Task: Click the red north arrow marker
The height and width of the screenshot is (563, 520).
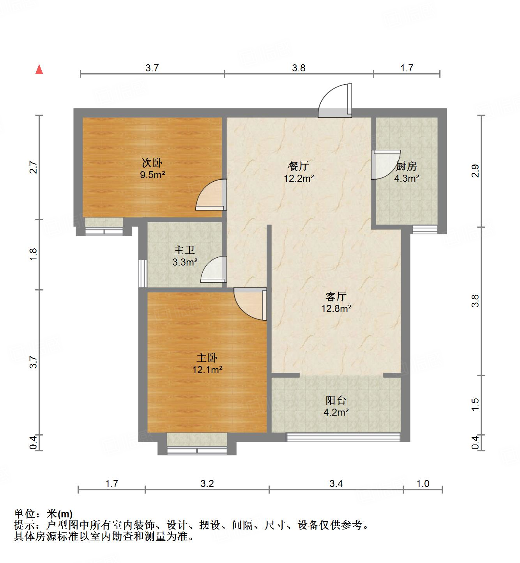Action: (x=39, y=69)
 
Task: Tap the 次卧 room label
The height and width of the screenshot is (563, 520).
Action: (x=152, y=163)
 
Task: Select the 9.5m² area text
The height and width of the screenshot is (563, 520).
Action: (x=152, y=175)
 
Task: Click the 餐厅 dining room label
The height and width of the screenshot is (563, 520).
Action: (x=299, y=166)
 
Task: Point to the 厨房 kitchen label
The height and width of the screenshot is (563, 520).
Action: (x=407, y=167)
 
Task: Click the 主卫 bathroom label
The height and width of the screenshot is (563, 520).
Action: (x=184, y=250)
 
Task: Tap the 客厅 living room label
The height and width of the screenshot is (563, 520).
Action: (x=336, y=297)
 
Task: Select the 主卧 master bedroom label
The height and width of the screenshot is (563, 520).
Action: (x=207, y=358)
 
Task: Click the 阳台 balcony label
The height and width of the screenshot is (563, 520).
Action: (x=336, y=400)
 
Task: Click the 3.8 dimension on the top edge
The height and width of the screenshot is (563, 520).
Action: (x=299, y=68)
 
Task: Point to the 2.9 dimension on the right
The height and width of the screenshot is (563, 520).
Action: (x=474, y=171)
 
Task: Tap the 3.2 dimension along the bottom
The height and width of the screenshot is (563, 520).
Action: (x=207, y=484)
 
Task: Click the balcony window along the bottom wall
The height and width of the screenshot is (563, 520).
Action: (x=343, y=437)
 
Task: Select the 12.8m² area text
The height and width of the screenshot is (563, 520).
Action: (x=336, y=309)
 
